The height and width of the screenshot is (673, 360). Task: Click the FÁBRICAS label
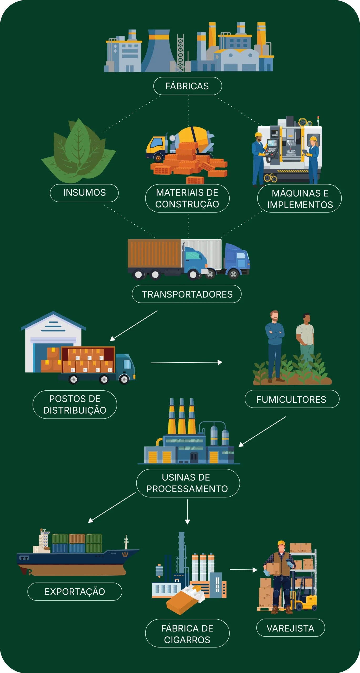(187, 86)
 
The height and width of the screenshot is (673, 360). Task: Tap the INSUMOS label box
(84, 193)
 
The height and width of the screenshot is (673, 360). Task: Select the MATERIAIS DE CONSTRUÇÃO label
(187, 198)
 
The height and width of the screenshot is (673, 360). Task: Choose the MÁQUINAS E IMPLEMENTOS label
(300, 199)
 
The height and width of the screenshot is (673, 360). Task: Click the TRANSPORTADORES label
(187, 294)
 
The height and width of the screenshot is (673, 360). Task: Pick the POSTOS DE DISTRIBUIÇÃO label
(75, 404)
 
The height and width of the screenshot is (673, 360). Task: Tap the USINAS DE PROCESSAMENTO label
(188, 483)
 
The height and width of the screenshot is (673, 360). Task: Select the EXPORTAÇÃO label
(75, 592)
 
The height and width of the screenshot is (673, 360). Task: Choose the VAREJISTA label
(290, 628)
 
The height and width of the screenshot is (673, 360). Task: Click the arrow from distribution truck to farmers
(187, 363)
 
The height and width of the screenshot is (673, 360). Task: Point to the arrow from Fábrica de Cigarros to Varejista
(243, 570)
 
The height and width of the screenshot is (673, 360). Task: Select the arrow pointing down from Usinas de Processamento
(187, 512)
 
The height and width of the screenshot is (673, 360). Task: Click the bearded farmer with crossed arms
(275, 344)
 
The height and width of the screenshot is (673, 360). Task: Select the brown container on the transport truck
(154, 253)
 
